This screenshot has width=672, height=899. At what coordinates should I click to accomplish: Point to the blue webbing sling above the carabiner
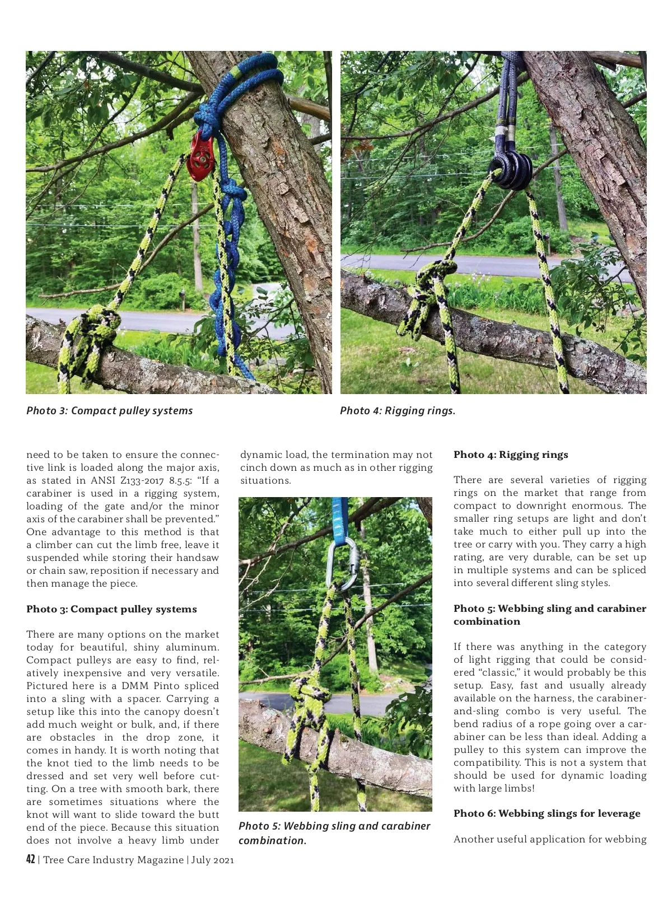[339, 518]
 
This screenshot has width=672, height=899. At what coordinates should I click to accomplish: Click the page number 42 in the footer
[31, 859]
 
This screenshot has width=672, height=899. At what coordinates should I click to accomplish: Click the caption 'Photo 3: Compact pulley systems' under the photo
[109, 410]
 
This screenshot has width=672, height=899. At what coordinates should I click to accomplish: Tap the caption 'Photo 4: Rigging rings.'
[398, 410]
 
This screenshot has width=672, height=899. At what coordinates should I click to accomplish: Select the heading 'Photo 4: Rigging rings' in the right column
[511, 455]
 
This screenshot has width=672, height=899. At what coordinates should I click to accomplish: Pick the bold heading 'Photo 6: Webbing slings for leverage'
[547, 813]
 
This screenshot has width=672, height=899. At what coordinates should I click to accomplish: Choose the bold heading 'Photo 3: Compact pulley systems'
[111, 609]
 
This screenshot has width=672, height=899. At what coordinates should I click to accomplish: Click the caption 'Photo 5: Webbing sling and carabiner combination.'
[334, 832]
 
